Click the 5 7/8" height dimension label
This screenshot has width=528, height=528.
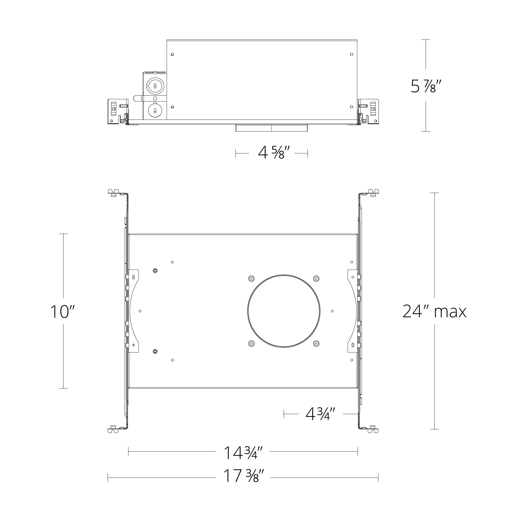426,86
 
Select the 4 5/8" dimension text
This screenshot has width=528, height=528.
272,153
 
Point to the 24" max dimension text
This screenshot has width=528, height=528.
435,312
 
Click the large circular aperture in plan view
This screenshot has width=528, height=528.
284,311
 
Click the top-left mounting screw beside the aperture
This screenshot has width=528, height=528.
251,279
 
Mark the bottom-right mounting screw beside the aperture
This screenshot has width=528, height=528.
316,343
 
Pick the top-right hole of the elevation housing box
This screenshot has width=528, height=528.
351,54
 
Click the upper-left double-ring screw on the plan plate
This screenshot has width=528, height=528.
155,271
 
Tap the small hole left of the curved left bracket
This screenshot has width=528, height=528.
140,311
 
